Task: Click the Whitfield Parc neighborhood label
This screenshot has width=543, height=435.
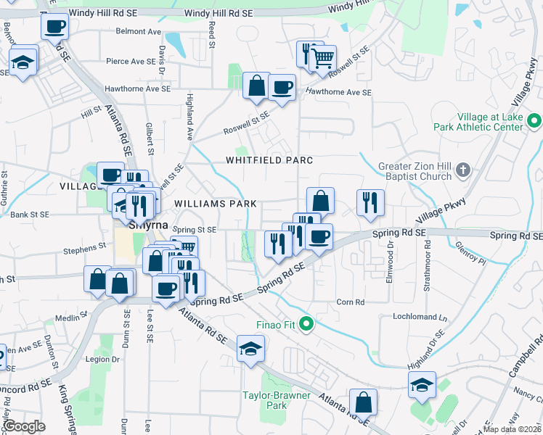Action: point(269,160)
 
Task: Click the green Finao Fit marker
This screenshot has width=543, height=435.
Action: point(306,323)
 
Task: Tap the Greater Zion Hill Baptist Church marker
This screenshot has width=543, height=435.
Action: point(465,172)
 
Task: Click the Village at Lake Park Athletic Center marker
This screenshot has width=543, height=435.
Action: point(534,121)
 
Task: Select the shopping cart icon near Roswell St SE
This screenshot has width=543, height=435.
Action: point(322,57)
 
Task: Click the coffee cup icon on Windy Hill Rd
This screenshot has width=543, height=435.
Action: point(54,28)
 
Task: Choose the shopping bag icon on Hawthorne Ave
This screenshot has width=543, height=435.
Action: point(256,86)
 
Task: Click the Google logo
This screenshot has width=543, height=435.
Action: point(25,426)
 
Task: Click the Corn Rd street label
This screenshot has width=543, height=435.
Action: point(350,302)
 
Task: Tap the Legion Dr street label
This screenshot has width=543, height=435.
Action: point(102,359)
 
